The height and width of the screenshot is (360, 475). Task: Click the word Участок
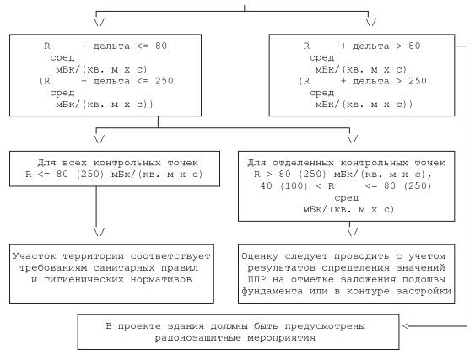click(x=35, y=256)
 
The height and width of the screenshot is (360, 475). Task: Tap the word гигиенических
click(x=84, y=279)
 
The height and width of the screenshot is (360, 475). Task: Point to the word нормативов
click(x=161, y=279)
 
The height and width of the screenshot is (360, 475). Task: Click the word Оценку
click(x=260, y=256)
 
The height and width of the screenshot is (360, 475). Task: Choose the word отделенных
click(x=303, y=163)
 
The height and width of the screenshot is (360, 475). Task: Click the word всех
click(x=74, y=163)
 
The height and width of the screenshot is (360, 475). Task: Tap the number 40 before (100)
click(x=267, y=185)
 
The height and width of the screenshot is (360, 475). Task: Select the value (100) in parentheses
click(x=294, y=185)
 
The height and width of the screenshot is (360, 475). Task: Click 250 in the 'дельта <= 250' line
click(x=165, y=81)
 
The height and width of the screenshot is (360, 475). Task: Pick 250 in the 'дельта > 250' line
click(x=418, y=81)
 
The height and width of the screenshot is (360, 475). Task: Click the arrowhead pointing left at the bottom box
click(x=406, y=326)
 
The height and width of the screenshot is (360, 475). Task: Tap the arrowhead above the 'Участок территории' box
click(x=99, y=232)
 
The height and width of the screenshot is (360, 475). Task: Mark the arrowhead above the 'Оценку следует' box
click(x=353, y=232)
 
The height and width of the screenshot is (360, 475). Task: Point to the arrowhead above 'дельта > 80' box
click(x=371, y=23)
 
